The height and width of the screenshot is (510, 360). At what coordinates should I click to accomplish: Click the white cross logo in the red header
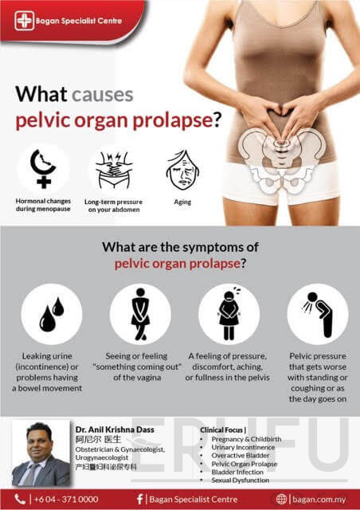pos(25,21)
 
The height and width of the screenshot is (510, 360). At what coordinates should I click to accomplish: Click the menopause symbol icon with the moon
pos(43,169)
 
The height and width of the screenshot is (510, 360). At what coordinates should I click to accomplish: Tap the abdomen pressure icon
pos(114,170)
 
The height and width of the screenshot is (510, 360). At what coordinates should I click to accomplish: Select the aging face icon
pos(182,170)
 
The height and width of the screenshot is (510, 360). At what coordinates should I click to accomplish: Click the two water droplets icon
pos(52,314)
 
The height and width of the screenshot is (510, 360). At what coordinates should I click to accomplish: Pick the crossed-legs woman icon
pos(140,314)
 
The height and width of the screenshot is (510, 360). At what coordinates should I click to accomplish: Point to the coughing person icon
pos(318,314)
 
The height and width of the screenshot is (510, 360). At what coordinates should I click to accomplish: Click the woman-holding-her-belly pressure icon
pos(229,314)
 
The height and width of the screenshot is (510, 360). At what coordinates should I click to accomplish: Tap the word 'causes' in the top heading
pos(103,95)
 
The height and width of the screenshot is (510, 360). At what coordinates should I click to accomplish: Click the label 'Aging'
pos(182,202)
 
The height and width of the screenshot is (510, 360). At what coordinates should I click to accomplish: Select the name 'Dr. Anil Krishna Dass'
pos(115,430)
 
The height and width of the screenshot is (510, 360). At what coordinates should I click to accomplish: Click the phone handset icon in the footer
pos(20,500)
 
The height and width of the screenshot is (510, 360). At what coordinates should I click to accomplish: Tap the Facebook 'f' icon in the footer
pos(139,500)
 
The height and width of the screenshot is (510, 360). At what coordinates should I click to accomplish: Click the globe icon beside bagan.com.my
pos(281,500)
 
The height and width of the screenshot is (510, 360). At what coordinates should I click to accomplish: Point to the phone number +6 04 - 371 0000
pos(66,500)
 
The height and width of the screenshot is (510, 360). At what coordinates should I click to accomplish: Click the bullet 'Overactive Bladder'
pos(241,455)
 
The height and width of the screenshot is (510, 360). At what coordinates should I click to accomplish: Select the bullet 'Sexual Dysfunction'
pos(241,480)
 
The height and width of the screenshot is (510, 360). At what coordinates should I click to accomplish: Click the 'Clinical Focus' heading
pos(221,430)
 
